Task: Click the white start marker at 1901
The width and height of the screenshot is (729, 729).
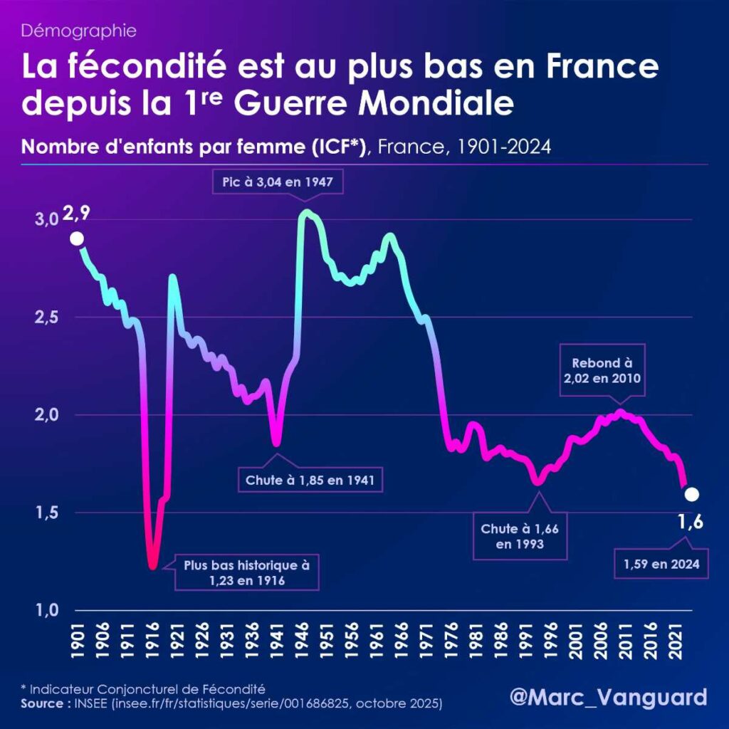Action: click(x=77, y=238)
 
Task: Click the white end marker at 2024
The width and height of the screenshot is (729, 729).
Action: click(x=691, y=494)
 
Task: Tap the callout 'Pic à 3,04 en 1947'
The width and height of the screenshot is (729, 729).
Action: click(x=278, y=183)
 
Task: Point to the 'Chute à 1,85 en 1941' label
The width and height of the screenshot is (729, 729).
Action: click(x=310, y=480)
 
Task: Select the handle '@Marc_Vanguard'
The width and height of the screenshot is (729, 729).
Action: click(x=609, y=696)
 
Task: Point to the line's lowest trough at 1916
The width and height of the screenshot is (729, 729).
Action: click(x=152, y=566)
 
